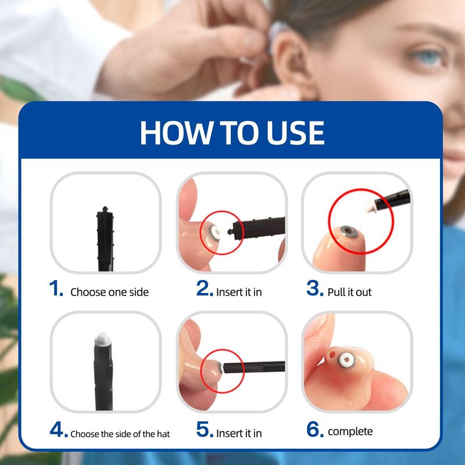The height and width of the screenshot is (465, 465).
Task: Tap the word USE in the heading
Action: [295, 133]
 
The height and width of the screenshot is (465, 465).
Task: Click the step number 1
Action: [56, 288]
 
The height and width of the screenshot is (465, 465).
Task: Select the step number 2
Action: [205, 288]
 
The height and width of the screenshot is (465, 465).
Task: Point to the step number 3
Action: [314, 288]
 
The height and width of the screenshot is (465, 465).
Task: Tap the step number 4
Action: [59, 430]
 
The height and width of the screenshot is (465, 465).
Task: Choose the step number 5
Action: [205, 430]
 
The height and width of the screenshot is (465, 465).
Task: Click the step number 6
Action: [315, 430]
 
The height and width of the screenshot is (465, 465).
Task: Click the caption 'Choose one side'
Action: [109, 292]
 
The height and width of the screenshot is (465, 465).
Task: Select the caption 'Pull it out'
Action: [349, 292]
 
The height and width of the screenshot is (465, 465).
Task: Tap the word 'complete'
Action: [350, 432]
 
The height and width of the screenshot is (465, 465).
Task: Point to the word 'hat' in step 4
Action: [163, 434]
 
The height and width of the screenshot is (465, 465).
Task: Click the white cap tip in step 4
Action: [102, 338]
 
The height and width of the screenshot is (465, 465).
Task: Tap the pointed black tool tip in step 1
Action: [105, 208]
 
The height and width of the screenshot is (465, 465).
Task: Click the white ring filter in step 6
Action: [346, 360]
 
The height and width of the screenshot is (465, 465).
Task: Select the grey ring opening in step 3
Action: [348, 231]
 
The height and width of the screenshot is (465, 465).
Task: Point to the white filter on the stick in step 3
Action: [370, 207]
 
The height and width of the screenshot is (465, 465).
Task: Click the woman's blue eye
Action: [427, 56]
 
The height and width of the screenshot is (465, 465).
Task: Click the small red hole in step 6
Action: [332, 355]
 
